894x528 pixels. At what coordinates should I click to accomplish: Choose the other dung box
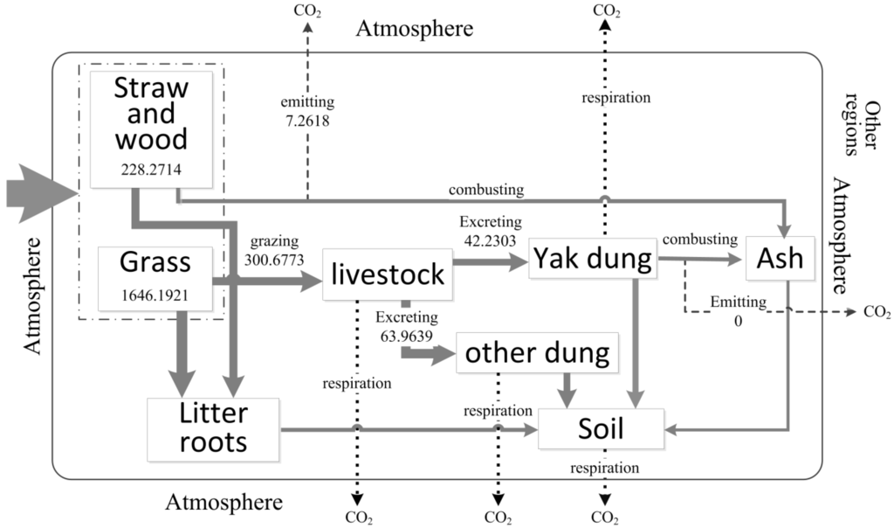point(536,353)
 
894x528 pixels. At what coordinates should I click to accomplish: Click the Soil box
point(602,428)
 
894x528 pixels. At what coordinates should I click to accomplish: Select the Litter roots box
point(213,428)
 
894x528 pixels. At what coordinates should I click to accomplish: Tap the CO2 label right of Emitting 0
point(877,312)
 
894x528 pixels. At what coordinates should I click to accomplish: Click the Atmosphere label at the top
point(415,29)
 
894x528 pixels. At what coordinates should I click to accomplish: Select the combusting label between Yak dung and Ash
point(699,239)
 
